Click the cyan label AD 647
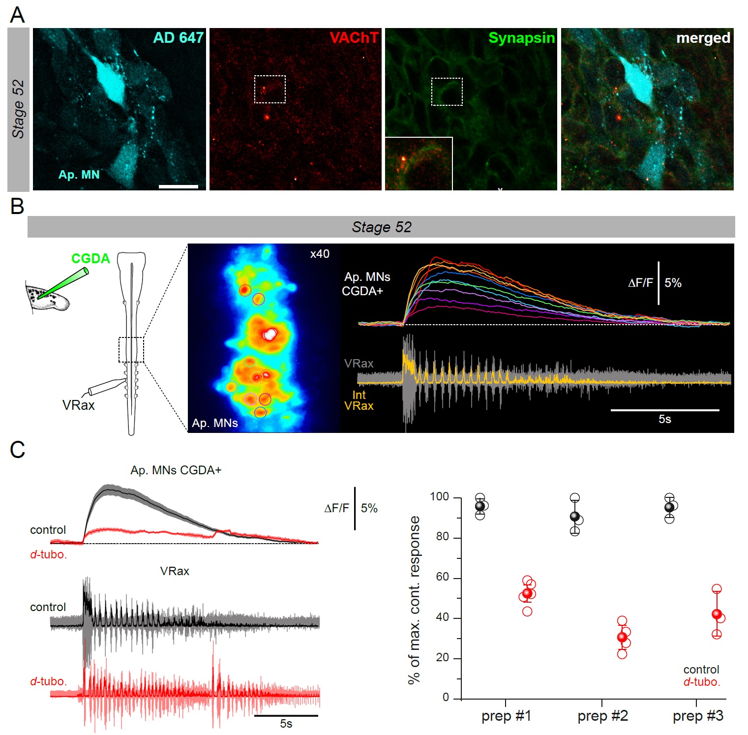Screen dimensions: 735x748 click(x=178, y=38)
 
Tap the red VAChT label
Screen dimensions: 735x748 click(x=354, y=38)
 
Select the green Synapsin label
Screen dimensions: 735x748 click(x=521, y=38)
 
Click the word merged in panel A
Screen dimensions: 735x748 click(x=703, y=38)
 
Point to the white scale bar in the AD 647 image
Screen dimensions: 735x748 click(x=179, y=186)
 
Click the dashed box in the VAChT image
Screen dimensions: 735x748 click(x=269, y=89)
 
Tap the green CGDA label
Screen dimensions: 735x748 click(x=90, y=258)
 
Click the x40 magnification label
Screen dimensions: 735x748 click(x=320, y=254)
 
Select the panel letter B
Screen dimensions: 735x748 click(x=17, y=206)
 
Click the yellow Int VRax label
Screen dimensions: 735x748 click(x=359, y=400)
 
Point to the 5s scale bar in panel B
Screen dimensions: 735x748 click(x=664, y=410)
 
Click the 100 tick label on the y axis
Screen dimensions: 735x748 click(x=439, y=497)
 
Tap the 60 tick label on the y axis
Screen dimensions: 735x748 click(x=442, y=577)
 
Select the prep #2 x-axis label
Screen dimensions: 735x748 click(x=602, y=716)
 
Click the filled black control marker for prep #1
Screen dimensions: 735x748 click(x=480, y=506)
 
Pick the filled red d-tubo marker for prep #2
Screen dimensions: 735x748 click(x=623, y=637)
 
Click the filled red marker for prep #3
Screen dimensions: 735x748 click(x=717, y=614)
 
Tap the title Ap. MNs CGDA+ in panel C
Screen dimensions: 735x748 click(x=176, y=470)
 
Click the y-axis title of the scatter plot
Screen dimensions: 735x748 click(x=415, y=600)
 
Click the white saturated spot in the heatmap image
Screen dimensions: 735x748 click(x=269, y=335)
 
